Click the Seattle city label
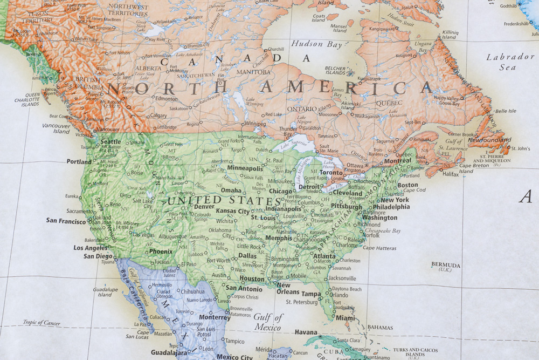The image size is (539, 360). point(111,141)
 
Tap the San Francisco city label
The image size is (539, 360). point(66,220)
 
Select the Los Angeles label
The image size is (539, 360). point(90,248)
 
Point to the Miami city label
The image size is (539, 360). point(345,318)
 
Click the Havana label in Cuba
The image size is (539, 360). point(306,332)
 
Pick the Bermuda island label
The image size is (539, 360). point(446,266)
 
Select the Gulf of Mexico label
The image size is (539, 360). point(268,322)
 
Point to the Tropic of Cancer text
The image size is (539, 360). point(42,323)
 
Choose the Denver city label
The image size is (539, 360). point(204,206)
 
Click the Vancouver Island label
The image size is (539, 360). point(56,128)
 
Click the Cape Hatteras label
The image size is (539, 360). point(380,248)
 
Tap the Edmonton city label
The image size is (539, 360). point(166,99)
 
